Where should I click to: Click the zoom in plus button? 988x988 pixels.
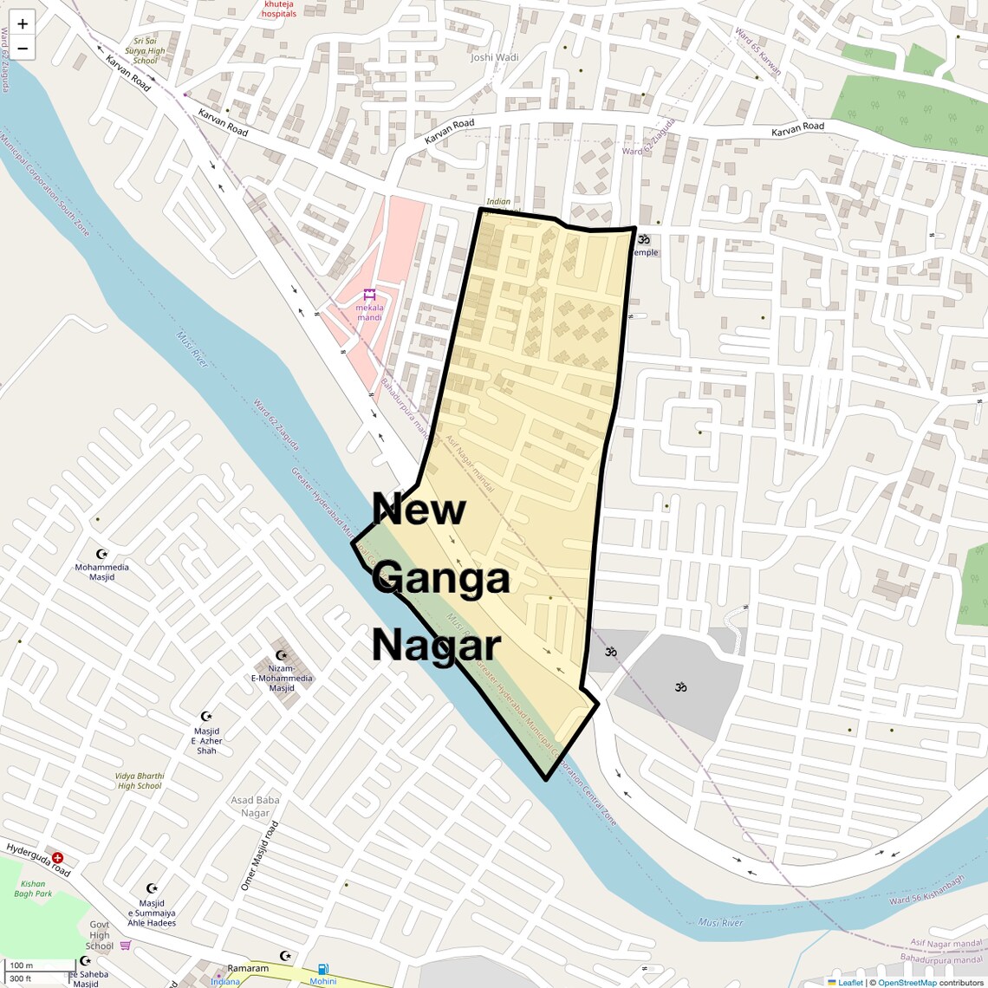pos(23,24)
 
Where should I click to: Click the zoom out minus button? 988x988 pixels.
pos(23,49)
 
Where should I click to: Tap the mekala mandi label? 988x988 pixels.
pos(369,312)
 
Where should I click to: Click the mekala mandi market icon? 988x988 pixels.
pos(369,294)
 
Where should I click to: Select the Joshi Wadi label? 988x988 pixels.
pos(494,57)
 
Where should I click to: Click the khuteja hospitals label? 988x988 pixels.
pos(279,10)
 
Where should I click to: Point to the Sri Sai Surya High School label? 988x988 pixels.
pos(145,50)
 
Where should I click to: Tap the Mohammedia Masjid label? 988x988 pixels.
pos(101,572)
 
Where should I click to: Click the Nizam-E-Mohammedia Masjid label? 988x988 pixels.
pos(282,678)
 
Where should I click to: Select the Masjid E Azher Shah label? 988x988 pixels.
pos(206,741)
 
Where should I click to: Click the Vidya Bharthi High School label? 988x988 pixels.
pos(140,781)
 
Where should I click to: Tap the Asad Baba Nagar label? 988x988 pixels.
pos(255,806)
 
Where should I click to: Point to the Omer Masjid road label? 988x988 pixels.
pos(260,856)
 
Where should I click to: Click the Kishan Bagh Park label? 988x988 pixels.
pos(33,888)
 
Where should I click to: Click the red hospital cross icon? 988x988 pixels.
pos(57,857)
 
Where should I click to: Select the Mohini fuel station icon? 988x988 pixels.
pos(322,969)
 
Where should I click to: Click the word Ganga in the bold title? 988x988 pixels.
pos(442,578)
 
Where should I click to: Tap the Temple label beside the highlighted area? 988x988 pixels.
pos(645,252)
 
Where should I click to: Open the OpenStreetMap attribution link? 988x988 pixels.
pos(907,982)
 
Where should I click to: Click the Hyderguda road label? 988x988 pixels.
pos(38,859)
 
